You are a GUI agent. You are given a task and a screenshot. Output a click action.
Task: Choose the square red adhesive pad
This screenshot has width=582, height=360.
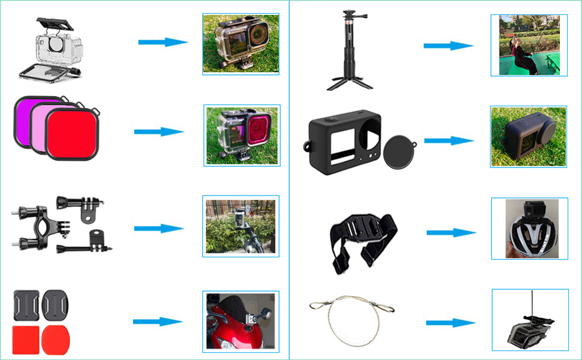[x=25, y=337]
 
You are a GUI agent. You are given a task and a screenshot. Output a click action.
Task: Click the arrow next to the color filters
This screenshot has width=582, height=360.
[x=159, y=132]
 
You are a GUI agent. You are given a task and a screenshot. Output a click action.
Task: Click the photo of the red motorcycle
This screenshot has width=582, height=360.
[x=241, y=322]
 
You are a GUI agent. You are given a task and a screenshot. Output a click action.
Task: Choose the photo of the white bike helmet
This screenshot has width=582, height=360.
[x=529, y=229]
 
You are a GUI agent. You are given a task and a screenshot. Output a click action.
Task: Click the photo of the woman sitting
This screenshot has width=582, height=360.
[x=529, y=45]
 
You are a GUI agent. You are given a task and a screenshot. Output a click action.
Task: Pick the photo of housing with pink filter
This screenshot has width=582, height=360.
[x=242, y=136]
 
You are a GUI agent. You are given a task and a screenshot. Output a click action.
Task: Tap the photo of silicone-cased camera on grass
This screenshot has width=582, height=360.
[x=528, y=137]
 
